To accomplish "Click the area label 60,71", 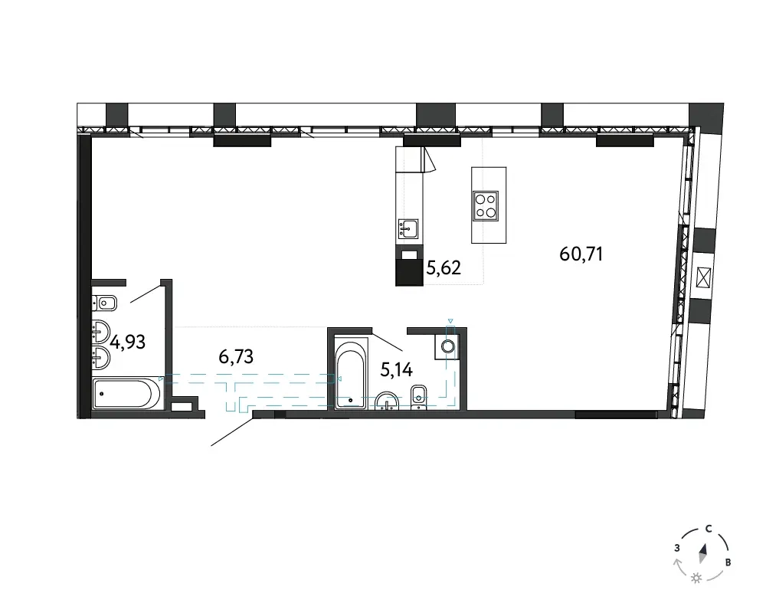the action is pyautogui.click(x=581, y=254).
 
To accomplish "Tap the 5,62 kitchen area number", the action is pyautogui.click(x=444, y=268).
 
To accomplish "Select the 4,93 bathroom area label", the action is pyautogui.click(x=127, y=343).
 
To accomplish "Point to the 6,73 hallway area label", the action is pyautogui.click(x=236, y=357).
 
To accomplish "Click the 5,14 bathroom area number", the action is pyautogui.click(x=397, y=370).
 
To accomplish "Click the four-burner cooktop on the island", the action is pyautogui.click(x=486, y=206).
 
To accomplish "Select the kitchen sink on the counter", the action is pyautogui.click(x=408, y=229).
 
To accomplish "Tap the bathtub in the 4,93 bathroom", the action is pyautogui.click(x=126, y=394).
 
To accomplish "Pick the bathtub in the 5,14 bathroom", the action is pyautogui.click(x=351, y=372).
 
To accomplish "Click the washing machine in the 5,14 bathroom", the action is pyautogui.click(x=447, y=346).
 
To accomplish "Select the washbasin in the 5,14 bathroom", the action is pyautogui.click(x=388, y=401).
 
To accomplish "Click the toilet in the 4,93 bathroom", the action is pyautogui.click(x=104, y=303).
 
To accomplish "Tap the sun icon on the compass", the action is pyautogui.click(x=696, y=579).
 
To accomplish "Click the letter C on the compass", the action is pyautogui.click(x=709, y=529).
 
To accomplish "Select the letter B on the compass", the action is pyautogui.click(x=728, y=562).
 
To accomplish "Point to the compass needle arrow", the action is pyautogui.click(x=703, y=554).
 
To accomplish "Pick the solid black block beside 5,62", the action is pyautogui.click(x=409, y=272).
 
